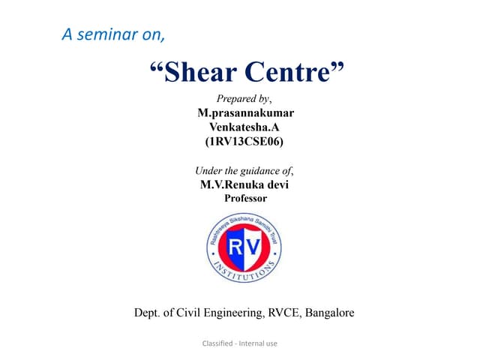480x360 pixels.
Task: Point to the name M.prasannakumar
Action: click(245, 112)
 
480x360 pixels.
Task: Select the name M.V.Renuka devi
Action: click(245, 184)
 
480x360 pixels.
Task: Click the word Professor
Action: click(245, 198)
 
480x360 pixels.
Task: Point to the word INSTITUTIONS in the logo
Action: click(244, 274)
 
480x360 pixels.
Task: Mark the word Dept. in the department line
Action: click(148, 313)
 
